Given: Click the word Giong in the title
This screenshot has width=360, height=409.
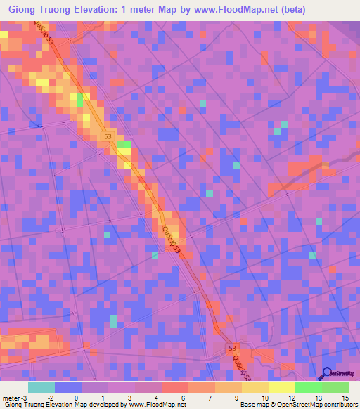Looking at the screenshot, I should (x=24, y=11).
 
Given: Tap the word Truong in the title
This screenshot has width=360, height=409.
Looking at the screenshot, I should (x=63, y=11).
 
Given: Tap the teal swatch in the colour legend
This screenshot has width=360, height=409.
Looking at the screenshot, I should (x=41, y=387).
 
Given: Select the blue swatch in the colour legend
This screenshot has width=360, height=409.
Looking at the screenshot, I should (x=68, y=387).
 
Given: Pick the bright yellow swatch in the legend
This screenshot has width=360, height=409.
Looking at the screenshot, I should (x=281, y=387).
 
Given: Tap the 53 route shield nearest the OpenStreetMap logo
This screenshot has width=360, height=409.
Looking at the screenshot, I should (x=232, y=348).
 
